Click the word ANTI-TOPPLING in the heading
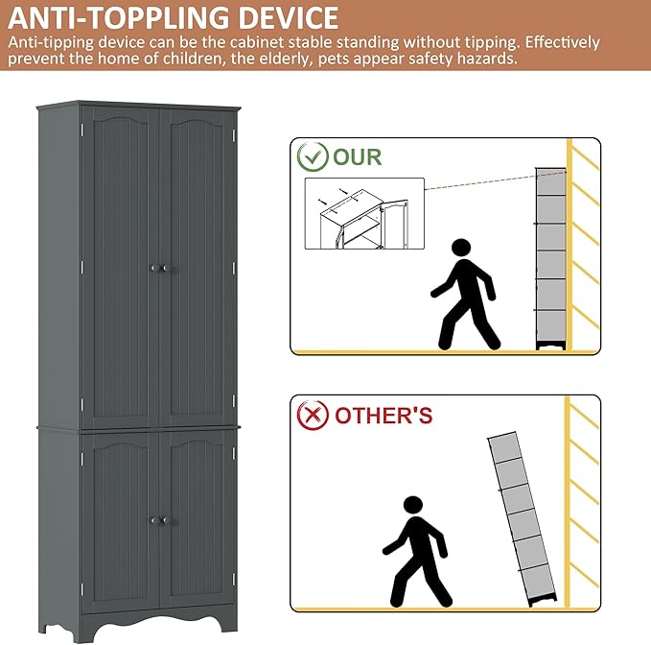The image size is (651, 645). coord(119,18)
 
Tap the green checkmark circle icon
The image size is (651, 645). coord(313,156)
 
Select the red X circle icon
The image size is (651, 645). coord(313,416)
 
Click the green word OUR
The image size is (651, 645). coord(357,157)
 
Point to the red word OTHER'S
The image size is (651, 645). coord(384,416)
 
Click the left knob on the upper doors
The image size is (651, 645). coord(153,269)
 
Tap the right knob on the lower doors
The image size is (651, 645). coord(164,520)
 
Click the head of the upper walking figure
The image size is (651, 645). coord(461,248)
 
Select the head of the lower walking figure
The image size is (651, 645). coord(412,506)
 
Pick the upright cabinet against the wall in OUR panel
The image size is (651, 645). coord(550,258)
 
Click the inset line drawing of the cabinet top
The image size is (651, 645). coord(364,214)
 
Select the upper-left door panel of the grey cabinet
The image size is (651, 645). coord(121,267)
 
